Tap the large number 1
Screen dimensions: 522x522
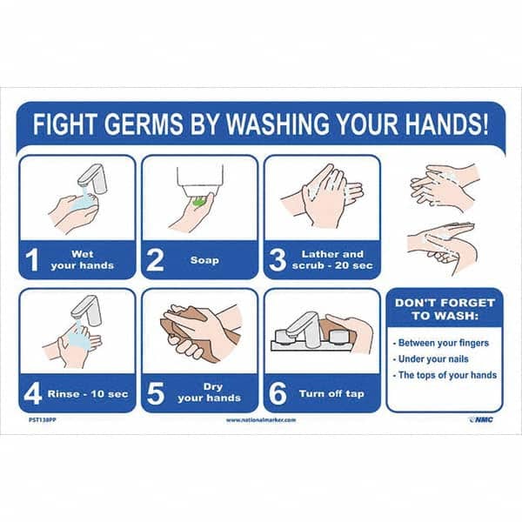(x=32, y=260)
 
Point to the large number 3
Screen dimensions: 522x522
(x=278, y=260)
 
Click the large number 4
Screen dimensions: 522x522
(x=33, y=393)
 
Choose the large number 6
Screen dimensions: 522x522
(x=278, y=393)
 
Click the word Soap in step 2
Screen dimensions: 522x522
(x=204, y=260)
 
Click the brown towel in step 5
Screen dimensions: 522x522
(x=183, y=328)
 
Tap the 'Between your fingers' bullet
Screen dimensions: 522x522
(x=443, y=342)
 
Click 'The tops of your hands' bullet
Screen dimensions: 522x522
(x=445, y=375)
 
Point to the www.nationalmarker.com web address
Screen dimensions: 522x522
(x=260, y=419)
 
